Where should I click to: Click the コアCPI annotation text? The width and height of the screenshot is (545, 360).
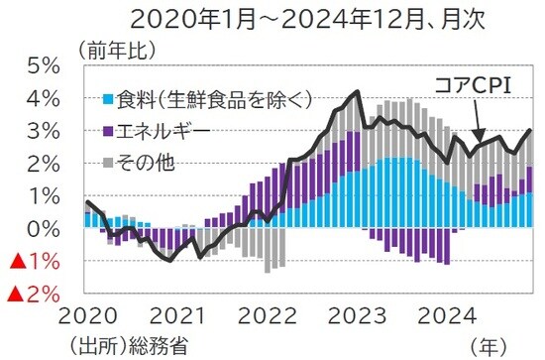click(x=474, y=85)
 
